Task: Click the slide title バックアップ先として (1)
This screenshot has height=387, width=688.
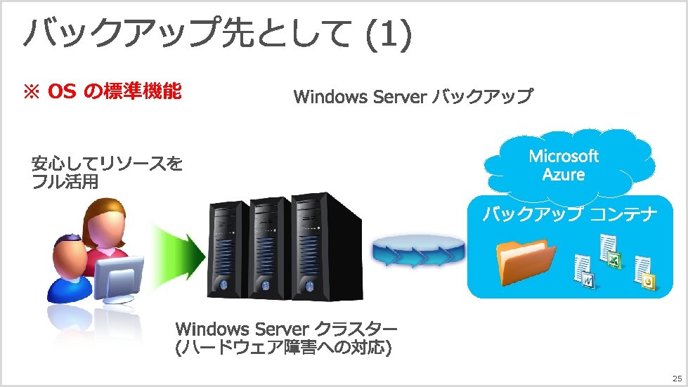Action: coord(216,35)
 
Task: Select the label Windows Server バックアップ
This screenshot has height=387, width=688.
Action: coord(413,96)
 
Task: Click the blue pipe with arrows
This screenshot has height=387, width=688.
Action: coord(420,252)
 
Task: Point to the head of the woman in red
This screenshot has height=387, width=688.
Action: coord(103,220)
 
